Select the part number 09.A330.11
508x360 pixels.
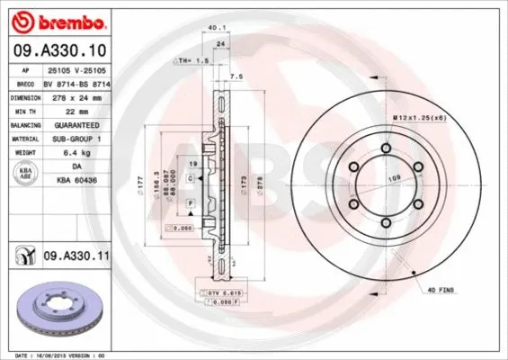pyautogui.click(x=77, y=257)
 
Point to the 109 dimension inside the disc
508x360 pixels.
pyautogui.click(x=392, y=178)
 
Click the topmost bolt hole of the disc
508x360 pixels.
pyautogui.click(x=388, y=149)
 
